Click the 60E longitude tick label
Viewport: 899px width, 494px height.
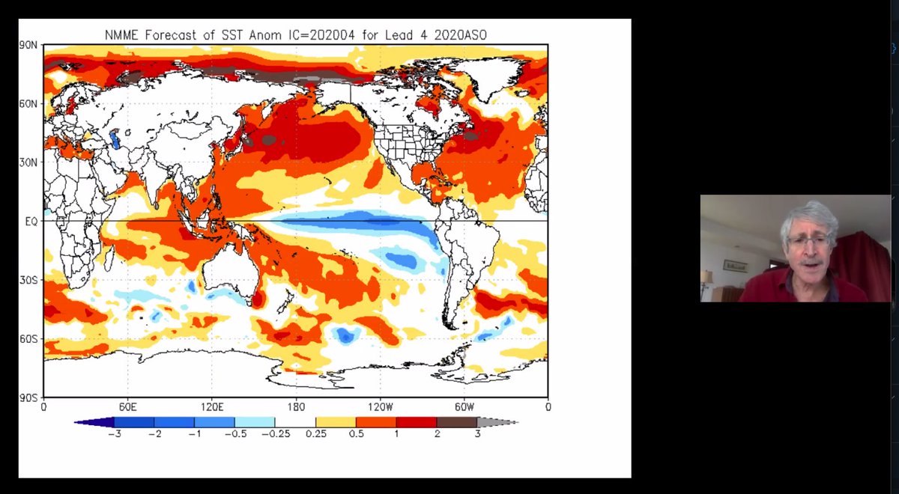point(127,407)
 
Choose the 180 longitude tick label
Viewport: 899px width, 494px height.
point(296,407)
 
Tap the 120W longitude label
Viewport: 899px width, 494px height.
point(380,407)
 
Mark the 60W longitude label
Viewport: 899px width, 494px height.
point(464,407)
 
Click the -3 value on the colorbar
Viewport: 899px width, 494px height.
point(114,433)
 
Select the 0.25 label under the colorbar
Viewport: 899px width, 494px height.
point(316,433)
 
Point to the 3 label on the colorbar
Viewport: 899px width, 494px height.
point(477,433)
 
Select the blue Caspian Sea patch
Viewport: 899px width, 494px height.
point(114,139)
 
